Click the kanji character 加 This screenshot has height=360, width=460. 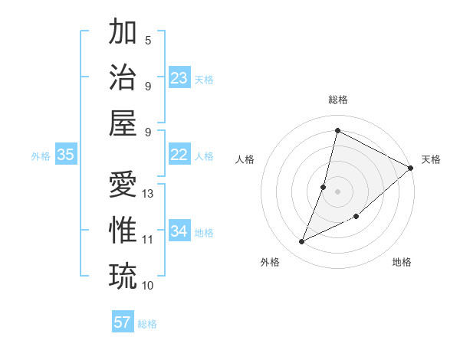123,33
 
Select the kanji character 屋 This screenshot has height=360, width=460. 123,123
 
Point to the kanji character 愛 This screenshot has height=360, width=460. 123,184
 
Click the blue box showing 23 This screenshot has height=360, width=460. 179,77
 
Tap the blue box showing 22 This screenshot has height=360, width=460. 179,155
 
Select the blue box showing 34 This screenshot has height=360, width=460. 179,231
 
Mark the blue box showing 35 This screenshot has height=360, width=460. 66,155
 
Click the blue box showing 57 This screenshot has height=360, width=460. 123,322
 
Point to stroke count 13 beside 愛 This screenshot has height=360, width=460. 149,194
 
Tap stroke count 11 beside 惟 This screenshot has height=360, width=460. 148,240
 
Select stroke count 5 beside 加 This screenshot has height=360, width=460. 148,41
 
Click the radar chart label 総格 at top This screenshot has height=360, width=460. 337,100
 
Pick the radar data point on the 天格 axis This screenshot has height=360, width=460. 410,169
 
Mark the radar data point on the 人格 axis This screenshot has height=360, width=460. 324,187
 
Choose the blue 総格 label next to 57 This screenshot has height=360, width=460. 147,324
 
